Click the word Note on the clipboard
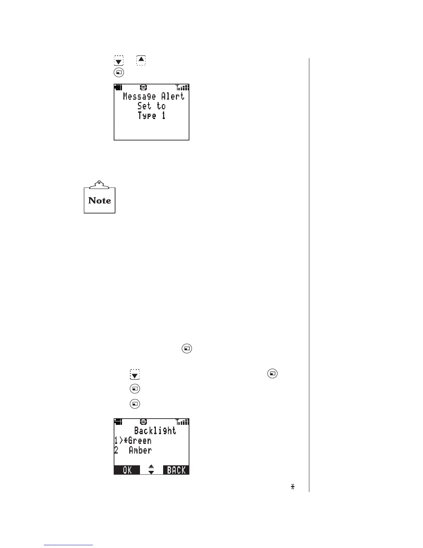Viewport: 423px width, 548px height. (x=100, y=201)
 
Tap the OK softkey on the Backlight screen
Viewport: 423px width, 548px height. (x=127, y=470)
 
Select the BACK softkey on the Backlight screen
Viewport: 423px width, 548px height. (x=176, y=470)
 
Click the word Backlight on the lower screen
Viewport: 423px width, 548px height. (x=155, y=431)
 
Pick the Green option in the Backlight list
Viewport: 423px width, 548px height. (x=140, y=441)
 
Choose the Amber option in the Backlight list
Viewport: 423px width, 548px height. (x=140, y=450)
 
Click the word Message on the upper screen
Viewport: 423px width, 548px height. (x=139, y=96)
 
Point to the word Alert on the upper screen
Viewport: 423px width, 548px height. (x=173, y=96)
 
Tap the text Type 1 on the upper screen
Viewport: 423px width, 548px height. (x=152, y=116)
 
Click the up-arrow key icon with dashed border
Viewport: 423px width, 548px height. (x=141, y=60)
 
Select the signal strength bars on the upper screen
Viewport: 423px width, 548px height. (x=182, y=88)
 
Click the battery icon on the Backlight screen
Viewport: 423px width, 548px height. (x=118, y=422)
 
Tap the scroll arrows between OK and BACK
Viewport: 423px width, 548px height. (x=151, y=470)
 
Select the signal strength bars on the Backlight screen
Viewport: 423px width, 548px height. (x=182, y=422)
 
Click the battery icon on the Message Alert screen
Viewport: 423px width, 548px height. (x=118, y=88)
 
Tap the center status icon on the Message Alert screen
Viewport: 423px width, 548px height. (x=144, y=88)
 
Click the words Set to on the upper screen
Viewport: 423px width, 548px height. (x=152, y=106)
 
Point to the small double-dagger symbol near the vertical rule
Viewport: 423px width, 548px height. (x=293, y=487)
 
